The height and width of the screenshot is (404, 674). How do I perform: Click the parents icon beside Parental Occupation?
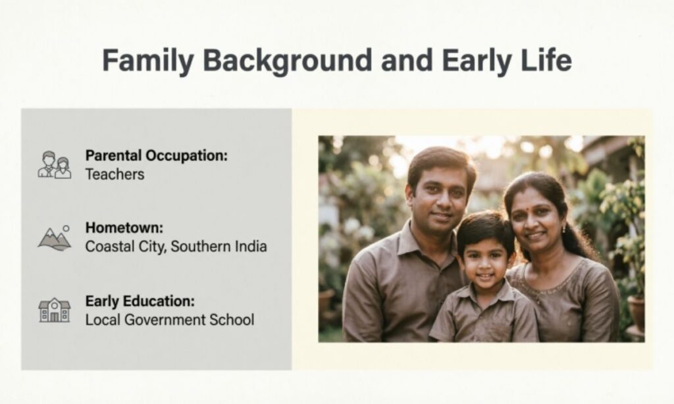tap(54, 164)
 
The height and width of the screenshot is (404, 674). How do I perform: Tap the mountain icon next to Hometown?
tap(54, 238)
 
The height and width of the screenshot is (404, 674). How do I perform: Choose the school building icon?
tap(54, 309)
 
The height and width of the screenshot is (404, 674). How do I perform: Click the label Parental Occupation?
tap(156, 157)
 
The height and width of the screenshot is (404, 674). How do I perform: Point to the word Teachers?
tap(115, 174)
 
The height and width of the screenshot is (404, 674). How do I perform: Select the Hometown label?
tap(124, 228)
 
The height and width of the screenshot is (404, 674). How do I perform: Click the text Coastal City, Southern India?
tap(176, 247)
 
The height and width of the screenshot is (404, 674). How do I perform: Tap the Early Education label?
tap(140, 301)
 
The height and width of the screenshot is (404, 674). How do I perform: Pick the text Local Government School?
tap(169, 320)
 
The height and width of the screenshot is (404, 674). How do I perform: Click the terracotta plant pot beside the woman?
tap(636, 313)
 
